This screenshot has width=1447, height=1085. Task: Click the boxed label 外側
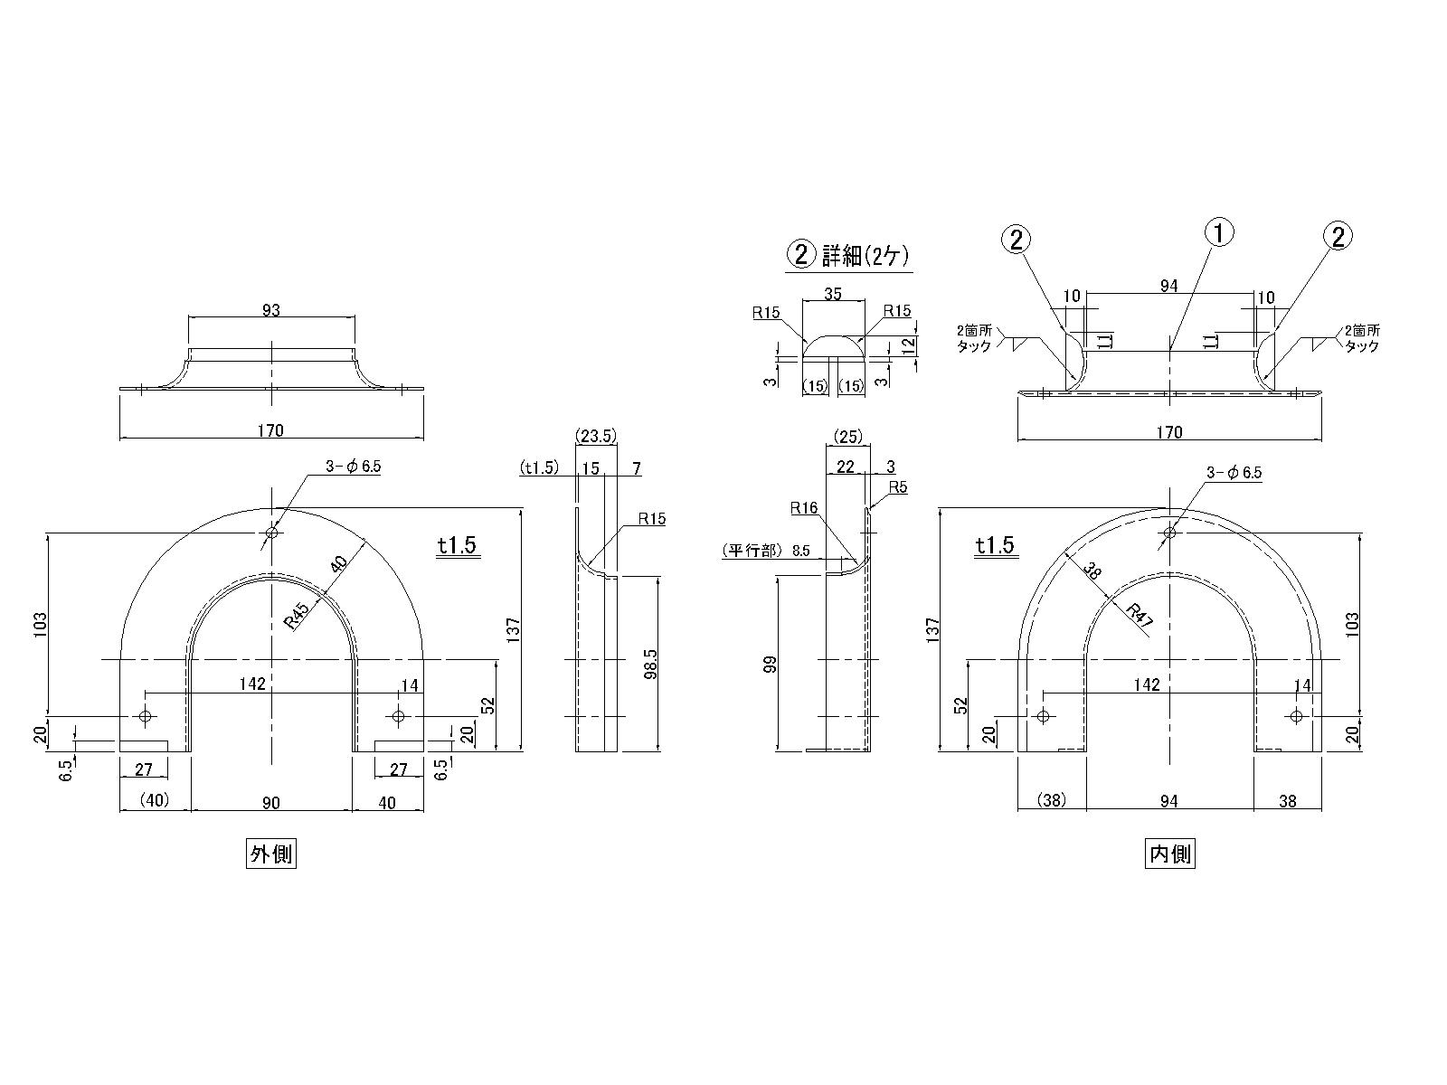coord(271,854)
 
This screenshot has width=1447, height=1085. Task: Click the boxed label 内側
coord(1169,854)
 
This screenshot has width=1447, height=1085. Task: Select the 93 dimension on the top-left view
coord(270,310)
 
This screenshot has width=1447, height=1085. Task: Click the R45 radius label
coord(298,615)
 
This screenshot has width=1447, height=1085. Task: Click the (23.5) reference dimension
coord(596,436)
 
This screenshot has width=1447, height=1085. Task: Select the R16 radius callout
coord(803,509)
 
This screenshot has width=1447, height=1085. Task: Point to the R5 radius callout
coord(897,487)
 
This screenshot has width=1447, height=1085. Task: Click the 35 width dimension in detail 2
coord(834,294)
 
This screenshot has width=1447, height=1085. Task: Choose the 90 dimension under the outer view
coord(271,802)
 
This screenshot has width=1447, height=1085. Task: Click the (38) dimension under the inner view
coord(1052,800)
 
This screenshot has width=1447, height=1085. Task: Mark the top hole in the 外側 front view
coord(271,533)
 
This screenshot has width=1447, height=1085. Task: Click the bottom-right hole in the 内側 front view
coord(1296,716)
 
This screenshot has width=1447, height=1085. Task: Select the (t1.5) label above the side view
coord(540,467)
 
